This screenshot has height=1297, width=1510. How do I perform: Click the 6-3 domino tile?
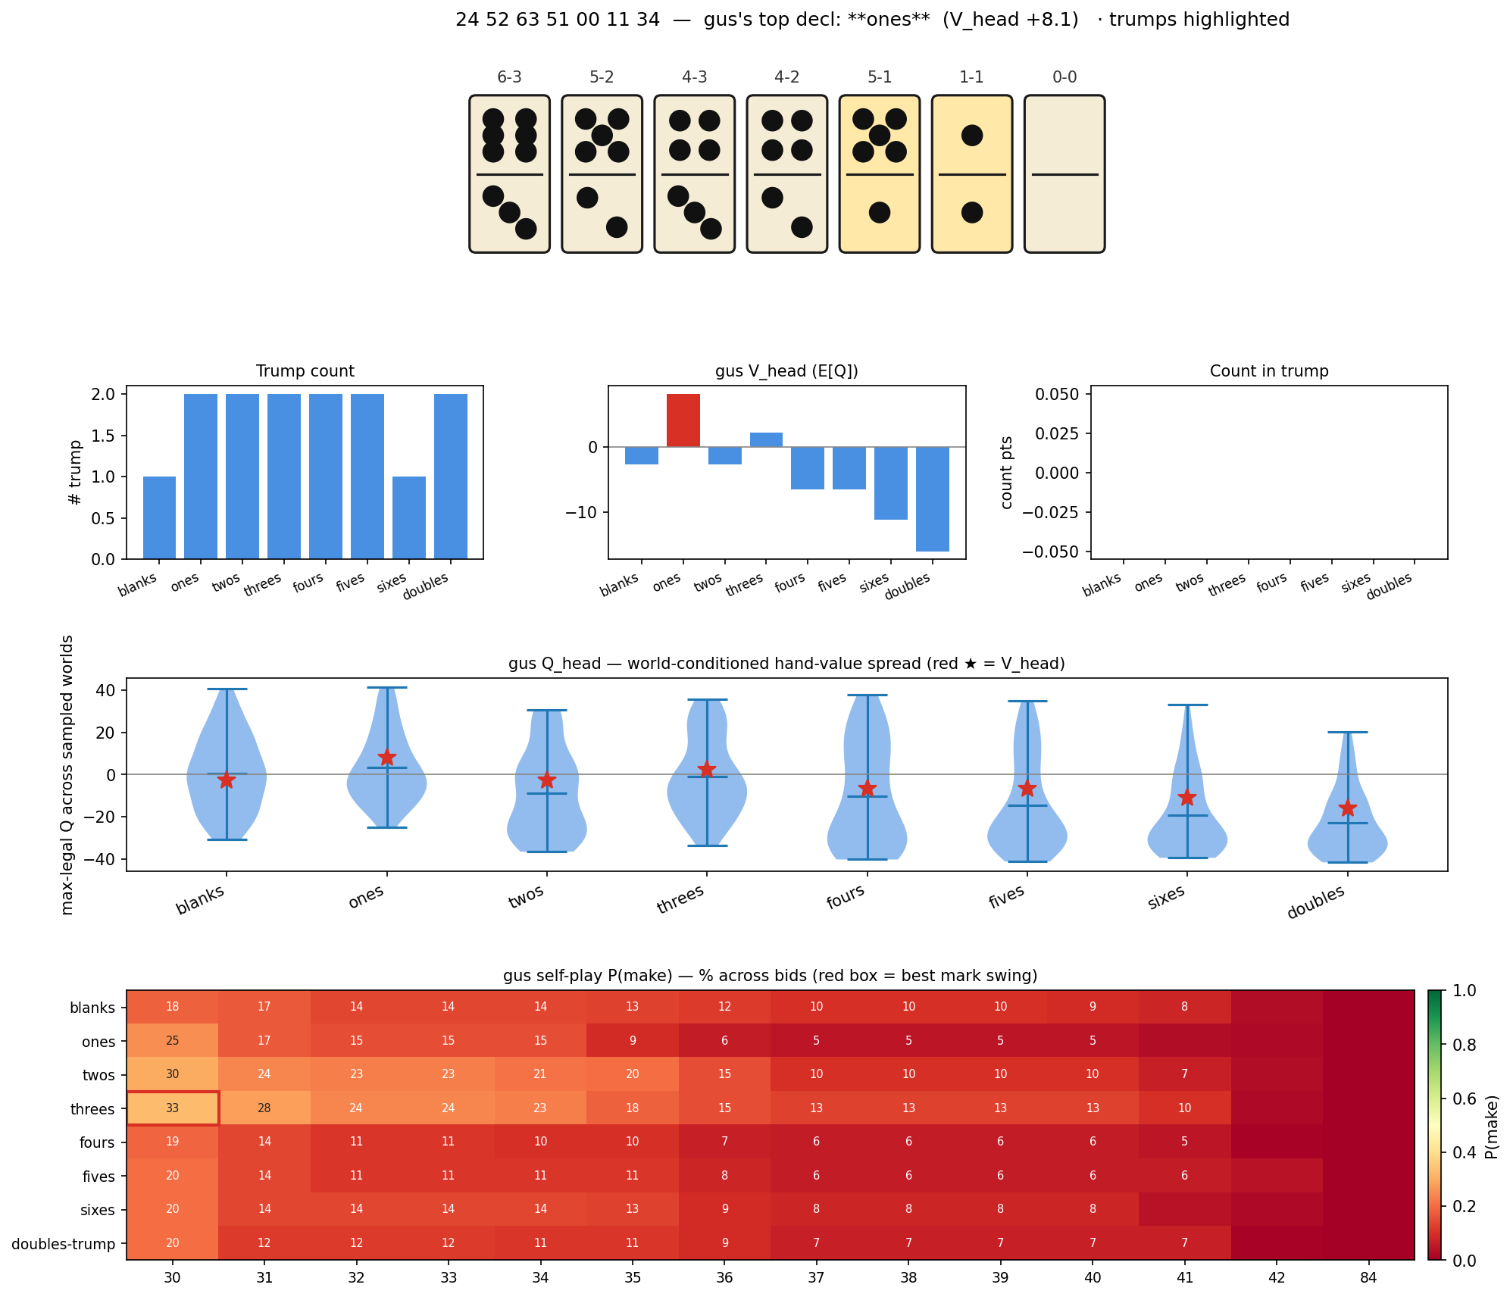coord(509,173)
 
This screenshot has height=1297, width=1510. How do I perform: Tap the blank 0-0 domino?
coord(1065,173)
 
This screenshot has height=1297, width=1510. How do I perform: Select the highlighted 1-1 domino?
coord(971,173)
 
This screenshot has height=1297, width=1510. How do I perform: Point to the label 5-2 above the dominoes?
coord(602,77)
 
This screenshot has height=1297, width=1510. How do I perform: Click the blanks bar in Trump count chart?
coord(159,517)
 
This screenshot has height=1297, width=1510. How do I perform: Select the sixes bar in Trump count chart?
coord(409,517)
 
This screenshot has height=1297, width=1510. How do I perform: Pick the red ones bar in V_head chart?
coord(683,420)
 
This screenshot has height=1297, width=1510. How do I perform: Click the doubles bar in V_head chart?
coord(933,498)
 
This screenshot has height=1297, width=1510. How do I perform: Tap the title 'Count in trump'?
coord(1269,371)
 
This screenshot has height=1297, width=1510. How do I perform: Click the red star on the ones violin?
coord(387,758)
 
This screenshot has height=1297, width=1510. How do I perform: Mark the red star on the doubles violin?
coord(1348,808)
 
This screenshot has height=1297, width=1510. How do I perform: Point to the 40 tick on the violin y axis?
coord(106,690)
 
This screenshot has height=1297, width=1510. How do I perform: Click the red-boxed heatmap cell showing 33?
coord(173,1108)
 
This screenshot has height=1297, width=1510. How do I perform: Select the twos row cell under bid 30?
coord(173,1074)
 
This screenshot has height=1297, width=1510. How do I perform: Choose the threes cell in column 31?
coord(264,1108)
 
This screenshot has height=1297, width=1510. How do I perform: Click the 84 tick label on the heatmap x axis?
coord(1368,1278)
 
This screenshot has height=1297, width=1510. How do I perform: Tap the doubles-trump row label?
coord(64,1244)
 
